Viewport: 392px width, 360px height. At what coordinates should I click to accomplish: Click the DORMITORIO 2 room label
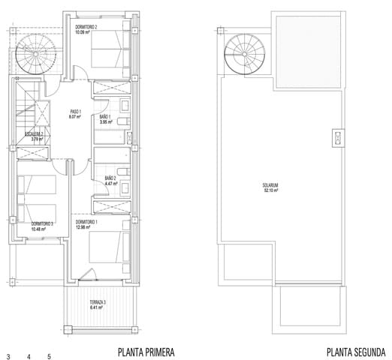click(x=87, y=27)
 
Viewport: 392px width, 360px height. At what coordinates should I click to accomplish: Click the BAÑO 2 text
click(x=110, y=178)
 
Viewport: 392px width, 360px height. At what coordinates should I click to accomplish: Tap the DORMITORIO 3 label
click(x=42, y=223)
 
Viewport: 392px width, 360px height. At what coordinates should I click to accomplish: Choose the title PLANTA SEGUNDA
click(x=356, y=352)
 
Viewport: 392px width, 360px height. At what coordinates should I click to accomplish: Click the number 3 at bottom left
click(x=8, y=356)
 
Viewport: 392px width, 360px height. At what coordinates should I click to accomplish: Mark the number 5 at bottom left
click(x=49, y=356)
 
